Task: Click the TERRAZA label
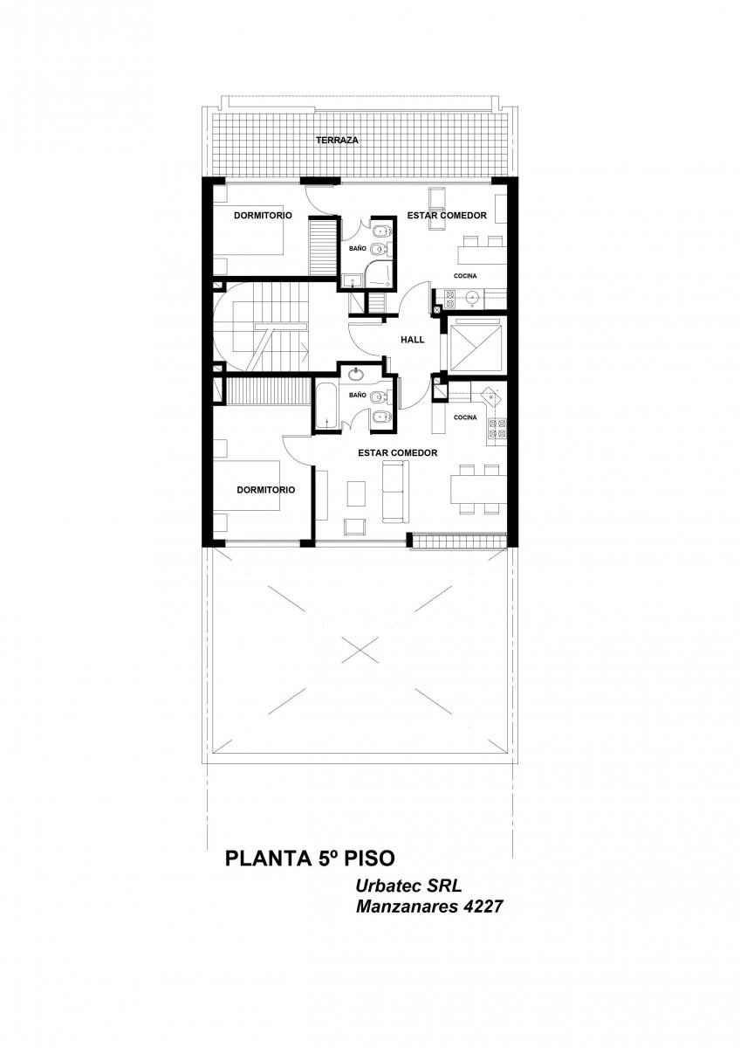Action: point(337,140)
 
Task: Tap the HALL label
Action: point(412,340)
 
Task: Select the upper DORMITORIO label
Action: point(263,215)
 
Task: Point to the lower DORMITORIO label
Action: point(265,490)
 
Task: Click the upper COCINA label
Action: point(464,276)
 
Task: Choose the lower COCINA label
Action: point(465,417)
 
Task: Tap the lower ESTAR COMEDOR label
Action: point(397,453)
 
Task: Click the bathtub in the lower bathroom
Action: point(325,405)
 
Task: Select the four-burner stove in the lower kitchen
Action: point(497,429)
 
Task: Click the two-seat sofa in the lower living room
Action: point(395,491)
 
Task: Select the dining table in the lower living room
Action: point(479,490)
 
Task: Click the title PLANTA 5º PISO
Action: point(310,859)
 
